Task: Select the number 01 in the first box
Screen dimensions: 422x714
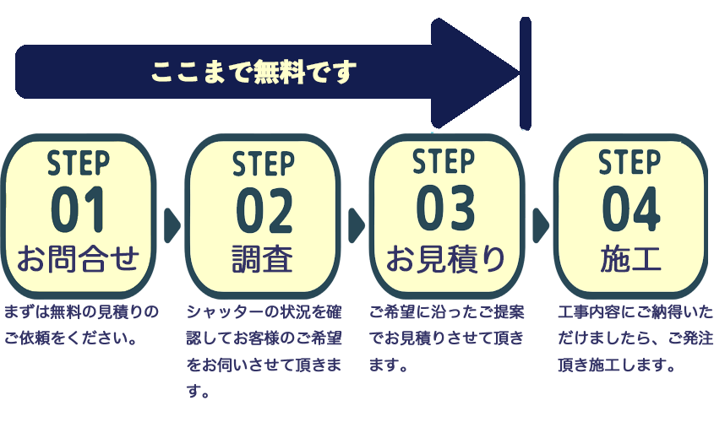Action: point(79,208)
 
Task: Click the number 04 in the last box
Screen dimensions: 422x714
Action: point(630,208)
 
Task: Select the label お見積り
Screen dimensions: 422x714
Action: point(446,257)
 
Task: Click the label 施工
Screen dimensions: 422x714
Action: point(630,257)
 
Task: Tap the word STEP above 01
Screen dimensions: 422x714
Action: point(79,161)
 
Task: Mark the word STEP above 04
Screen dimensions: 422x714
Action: point(630,161)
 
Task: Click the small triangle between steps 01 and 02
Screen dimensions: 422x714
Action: point(172,225)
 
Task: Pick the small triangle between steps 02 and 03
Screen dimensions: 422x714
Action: point(356,225)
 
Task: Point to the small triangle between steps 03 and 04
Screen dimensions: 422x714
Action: point(541,225)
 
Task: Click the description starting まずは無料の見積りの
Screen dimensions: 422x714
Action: point(81,312)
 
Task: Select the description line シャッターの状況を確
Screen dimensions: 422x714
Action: point(264,312)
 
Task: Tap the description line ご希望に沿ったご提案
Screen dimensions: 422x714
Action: point(446,312)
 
